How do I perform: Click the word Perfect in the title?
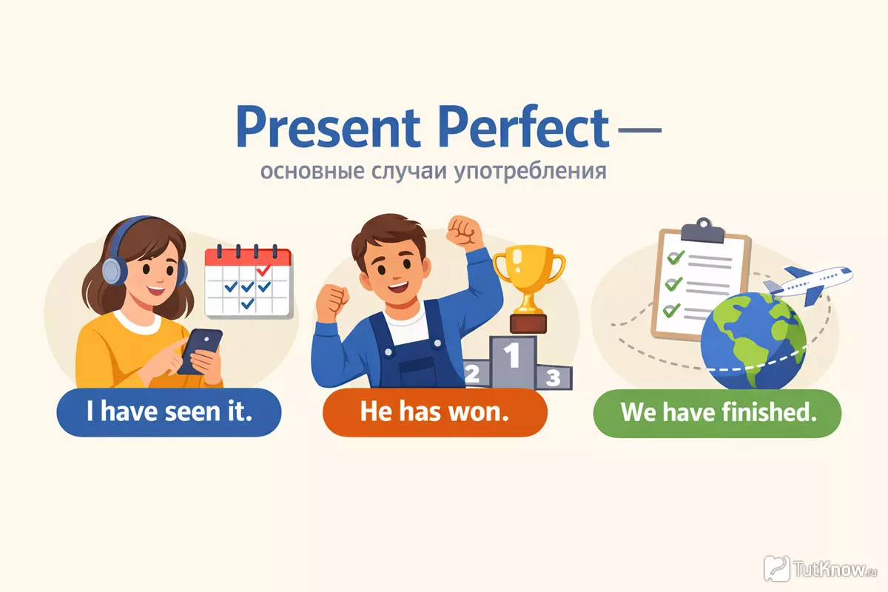523,127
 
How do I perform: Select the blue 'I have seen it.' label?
169,412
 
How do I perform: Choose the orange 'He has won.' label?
435,412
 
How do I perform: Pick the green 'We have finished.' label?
718,413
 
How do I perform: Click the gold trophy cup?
529,289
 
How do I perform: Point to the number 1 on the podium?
512,355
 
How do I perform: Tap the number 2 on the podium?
472,374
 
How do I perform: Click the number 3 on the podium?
553,377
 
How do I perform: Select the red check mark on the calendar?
263,270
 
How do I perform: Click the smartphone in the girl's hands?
201,351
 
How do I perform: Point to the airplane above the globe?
809,285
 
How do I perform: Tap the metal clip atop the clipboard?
702,231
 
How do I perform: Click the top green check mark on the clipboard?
676,258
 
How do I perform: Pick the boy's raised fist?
464,232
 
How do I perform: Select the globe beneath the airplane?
753,342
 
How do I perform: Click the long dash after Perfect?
640,129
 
